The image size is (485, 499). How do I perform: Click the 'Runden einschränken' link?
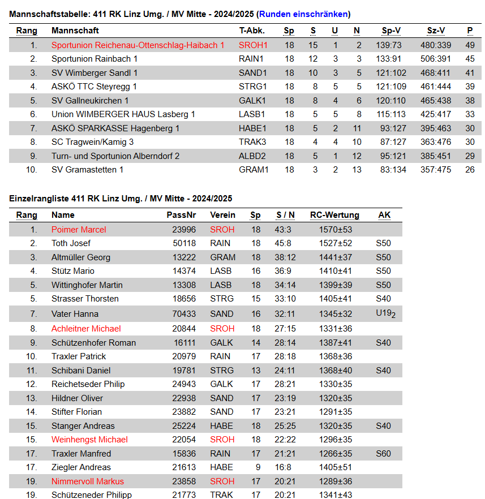tap(303, 14)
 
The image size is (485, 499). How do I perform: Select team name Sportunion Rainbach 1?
tap(94, 59)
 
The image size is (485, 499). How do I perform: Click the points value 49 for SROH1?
tap(470, 45)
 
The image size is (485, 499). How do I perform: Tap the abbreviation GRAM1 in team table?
tap(254, 170)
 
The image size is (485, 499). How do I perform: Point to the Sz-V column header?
tap(436, 31)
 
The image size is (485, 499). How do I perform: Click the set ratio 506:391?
tap(436, 59)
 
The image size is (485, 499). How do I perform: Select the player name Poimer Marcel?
tap(79, 230)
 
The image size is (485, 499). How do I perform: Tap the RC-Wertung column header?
tap(334, 215)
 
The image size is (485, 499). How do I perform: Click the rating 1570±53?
tap(336, 230)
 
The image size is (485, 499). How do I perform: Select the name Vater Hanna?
tap(75, 314)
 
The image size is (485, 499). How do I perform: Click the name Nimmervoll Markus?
tap(87, 481)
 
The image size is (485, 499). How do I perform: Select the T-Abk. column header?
tap(252, 31)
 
